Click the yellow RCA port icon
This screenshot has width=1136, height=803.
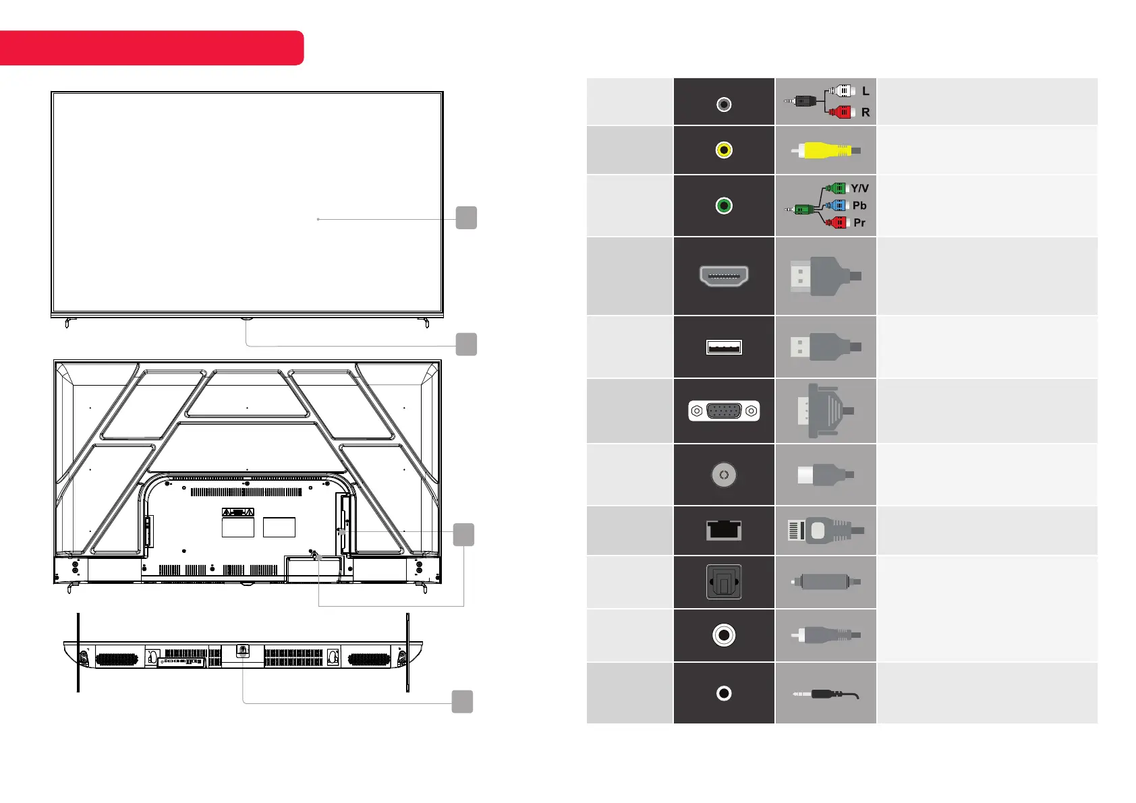pyautogui.click(x=724, y=150)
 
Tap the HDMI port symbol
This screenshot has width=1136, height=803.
pyautogui.click(x=724, y=276)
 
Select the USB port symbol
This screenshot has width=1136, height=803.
pyautogui.click(x=724, y=347)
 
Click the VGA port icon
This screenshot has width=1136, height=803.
pyautogui.click(x=724, y=411)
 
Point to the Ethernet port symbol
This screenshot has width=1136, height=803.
pyautogui.click(x=724, y=530)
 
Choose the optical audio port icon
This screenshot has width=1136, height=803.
pyautogui.click(x=724, y=581)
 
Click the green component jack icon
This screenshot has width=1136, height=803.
pyautogui.click(x=724, y=206)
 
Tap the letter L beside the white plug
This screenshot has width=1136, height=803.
pyautogui.click(x=865, y=91)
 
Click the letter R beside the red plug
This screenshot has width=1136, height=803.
pyautogui.click(x=865, y=112)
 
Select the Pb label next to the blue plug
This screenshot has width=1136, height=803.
pyautogui.click(x=859, y=206)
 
